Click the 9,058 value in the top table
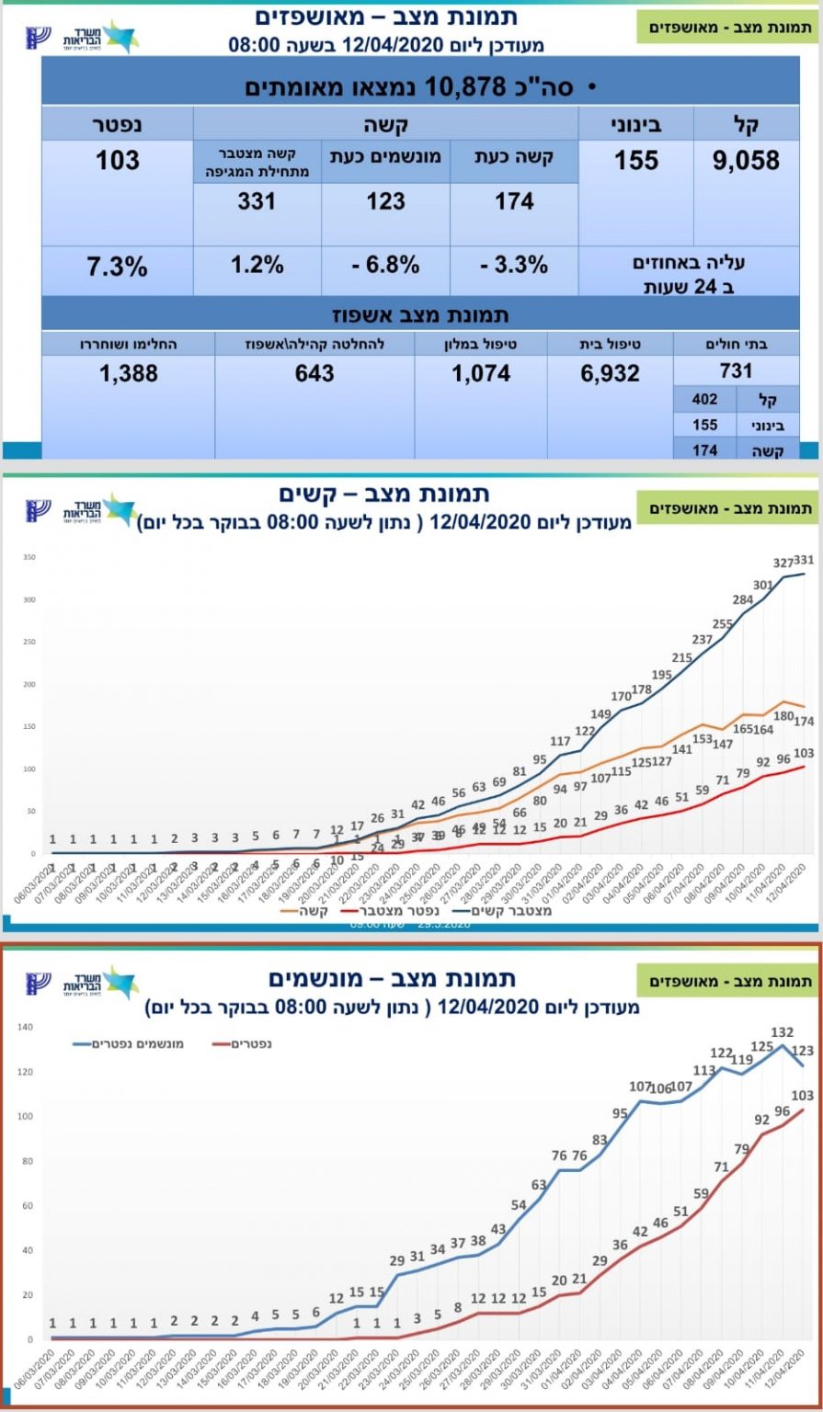[746, 161]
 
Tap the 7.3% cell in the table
[117, 268]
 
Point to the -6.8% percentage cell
[386, 266]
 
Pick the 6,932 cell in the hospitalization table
[608, 373]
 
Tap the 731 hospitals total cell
[737, 370]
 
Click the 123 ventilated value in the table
[385, 200]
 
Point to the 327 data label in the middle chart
[783, 562]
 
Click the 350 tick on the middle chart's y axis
[30, 558]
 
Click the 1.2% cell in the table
[257, 266]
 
